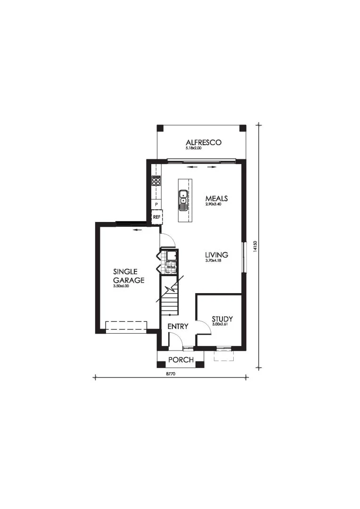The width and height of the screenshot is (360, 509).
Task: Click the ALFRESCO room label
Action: point(204,142)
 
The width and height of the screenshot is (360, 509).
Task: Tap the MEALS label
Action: point(217,198)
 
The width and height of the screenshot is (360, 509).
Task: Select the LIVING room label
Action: point(217,255)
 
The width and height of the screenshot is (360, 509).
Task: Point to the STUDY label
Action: point(222,319)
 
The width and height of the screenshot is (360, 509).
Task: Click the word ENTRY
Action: point(178,327)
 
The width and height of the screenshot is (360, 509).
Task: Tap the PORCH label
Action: point(181,360)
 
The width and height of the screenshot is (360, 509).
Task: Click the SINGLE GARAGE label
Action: point(129,276)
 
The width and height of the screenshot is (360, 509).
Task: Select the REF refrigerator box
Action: point(157,216)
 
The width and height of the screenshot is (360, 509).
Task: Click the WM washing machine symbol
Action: point(171,267)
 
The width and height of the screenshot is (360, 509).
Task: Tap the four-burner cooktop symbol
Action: point(156,181)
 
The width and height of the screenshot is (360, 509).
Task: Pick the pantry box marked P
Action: point(156,205)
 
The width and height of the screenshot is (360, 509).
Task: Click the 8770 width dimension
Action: point(171,374)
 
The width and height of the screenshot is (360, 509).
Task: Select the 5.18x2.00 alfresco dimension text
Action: point(194,148)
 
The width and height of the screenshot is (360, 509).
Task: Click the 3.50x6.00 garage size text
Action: point(122,287)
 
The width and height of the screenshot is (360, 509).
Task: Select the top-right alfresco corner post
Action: point(243,128)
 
